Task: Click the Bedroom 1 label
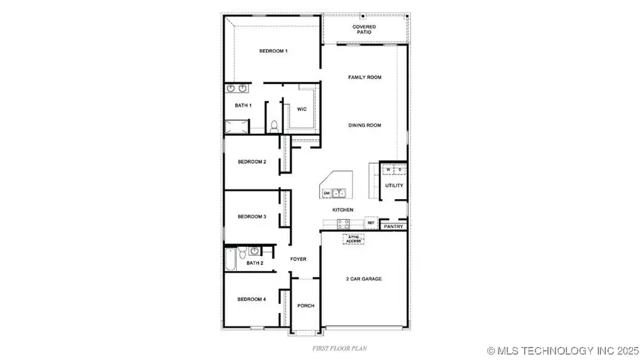coord(273,51)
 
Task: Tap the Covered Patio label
coord(364,30)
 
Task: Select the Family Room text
coord(364,77)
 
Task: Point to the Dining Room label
coord(364,125)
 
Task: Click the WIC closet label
coord(302,109)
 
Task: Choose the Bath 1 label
coord(243,105)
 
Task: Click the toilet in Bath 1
coord(274,127)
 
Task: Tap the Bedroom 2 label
coord(252,162)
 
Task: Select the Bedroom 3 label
coord(252,216)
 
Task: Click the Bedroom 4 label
coord(252,300)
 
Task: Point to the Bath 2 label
coord(255,263)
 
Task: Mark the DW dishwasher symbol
coord(327,193)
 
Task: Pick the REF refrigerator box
coord(370,223)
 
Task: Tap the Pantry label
coord(393,227)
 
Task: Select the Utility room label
coord(394,186)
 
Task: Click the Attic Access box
coord(353,240)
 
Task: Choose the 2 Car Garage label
coord(364,279)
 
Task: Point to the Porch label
coord(306,305)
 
